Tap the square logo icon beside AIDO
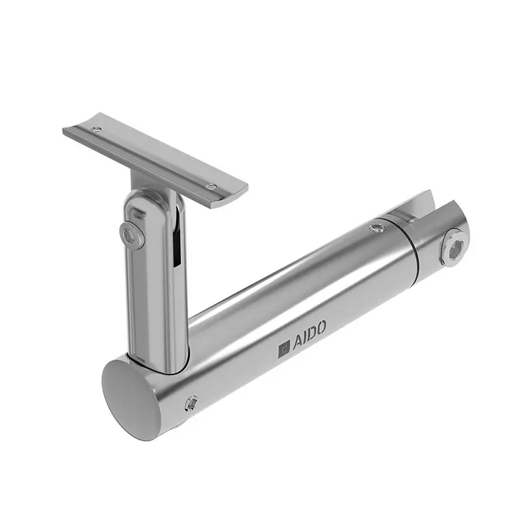coord(284,350)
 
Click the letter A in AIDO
coord(296,346)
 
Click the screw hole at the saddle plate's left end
coord(97,130)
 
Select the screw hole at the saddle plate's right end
coord(211,187)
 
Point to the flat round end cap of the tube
coord(130,392)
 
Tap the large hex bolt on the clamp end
coord(455,247)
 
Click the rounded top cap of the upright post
coord(148,198)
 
